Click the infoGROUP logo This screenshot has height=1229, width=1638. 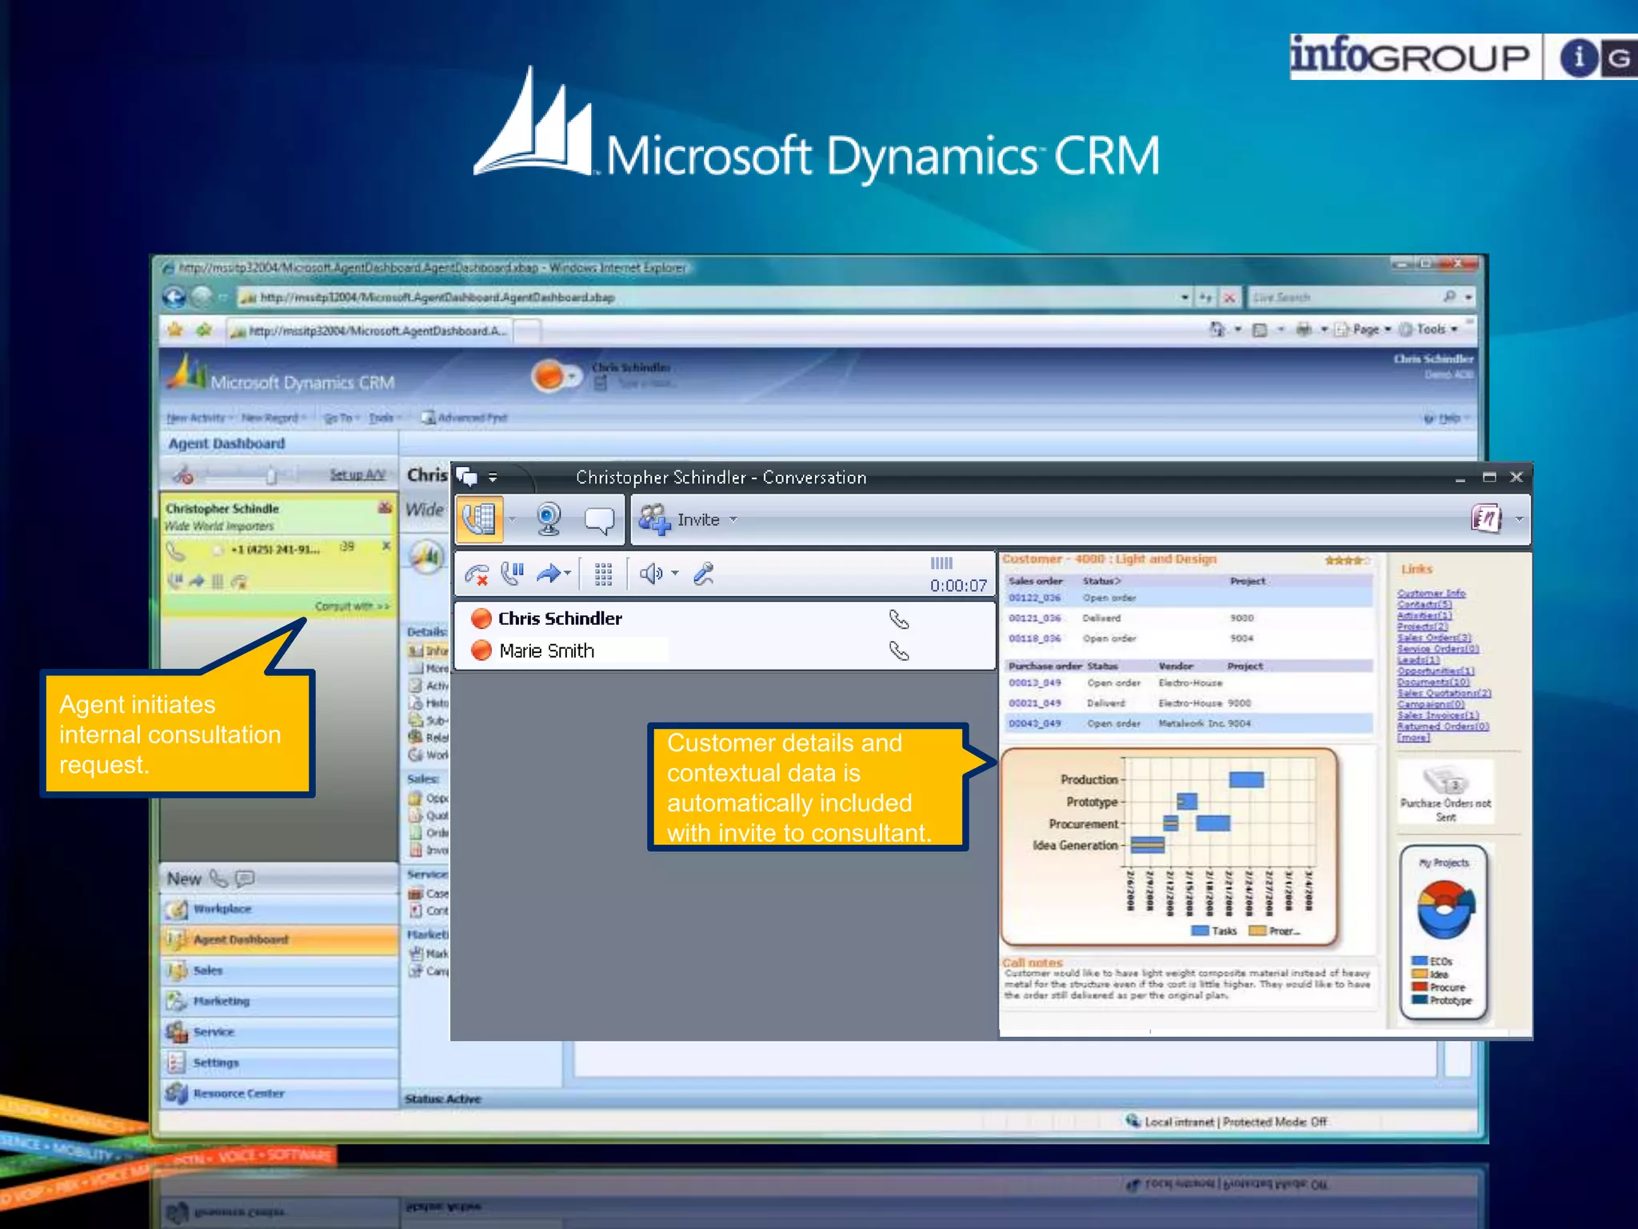pyautogui.click(x=1410, y=57)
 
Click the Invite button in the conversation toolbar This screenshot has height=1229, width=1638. pyautogui.click(x=697, y=520)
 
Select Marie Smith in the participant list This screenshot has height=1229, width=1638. pyautogui.click(x=546, y=651)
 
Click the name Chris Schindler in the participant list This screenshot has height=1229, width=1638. pyautogui.click(x=560, y=619)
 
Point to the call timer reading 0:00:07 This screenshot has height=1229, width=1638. pyautogui.click(x=957, y=586)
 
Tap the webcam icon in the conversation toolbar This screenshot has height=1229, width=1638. pyautogui.click(x=548, y=519)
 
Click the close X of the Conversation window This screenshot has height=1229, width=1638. pyautogui.click(x=1516, y=477)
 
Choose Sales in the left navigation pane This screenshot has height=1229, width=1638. pyautogui.click(x=208, y=971)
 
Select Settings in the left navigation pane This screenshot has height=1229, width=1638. pyautogui.click(x=216, y=1063)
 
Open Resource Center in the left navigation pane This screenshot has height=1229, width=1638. pyautogui.click(x=238, y=1094)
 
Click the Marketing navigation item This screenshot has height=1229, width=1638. pyautogui.click(x=222, y=1001)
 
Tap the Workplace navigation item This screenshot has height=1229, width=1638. pyautogui.click(x=222, y=909)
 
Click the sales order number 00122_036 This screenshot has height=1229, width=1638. pyautogui.click(x=1034, y=598)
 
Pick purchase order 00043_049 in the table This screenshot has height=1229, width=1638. pyautogui.click(x=1034, y=723)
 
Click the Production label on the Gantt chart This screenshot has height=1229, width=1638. pyautogui.click(x=1089, y=779)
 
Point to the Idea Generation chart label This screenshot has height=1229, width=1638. pyautogui.click(x=1075, y=845)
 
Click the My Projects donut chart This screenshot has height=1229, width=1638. pyautogui.click(x=1444, y=909)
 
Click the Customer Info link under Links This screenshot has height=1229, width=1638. pyautogui.click(x=1431, y=593)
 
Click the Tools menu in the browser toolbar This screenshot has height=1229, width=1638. pyautogui.click(x=1431, y=329)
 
